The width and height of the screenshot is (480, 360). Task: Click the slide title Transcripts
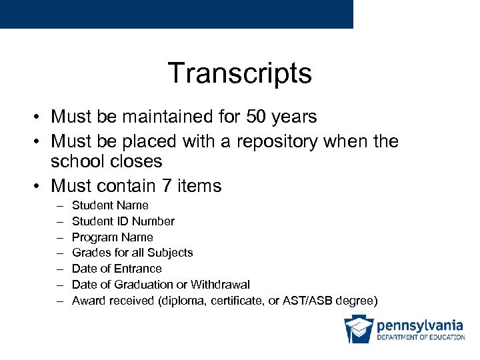coord(239,73)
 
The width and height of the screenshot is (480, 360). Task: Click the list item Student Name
coord(110,205)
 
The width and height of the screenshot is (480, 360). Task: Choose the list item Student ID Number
coord(123,221)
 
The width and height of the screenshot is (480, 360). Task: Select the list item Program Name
coord(113,237)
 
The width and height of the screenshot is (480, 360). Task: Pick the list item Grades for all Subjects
coord(133,253)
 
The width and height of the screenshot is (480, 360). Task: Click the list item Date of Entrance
coord(117,269)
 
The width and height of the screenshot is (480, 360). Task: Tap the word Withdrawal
coord(221,285)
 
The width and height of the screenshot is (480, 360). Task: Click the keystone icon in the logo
coord(358,329)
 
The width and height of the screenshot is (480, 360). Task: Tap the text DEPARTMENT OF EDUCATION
coord(421,337)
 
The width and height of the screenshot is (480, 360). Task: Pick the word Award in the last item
coord(87,301)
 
